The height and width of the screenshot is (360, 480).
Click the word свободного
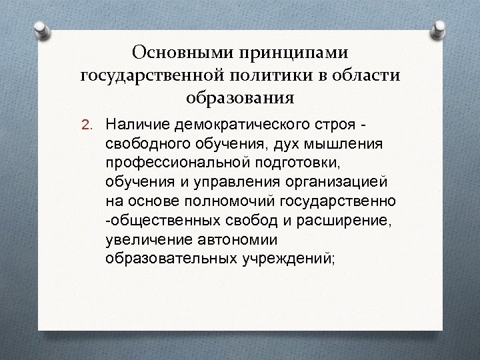coord(143,145)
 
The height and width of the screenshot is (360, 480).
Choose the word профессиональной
coord(171,163)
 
